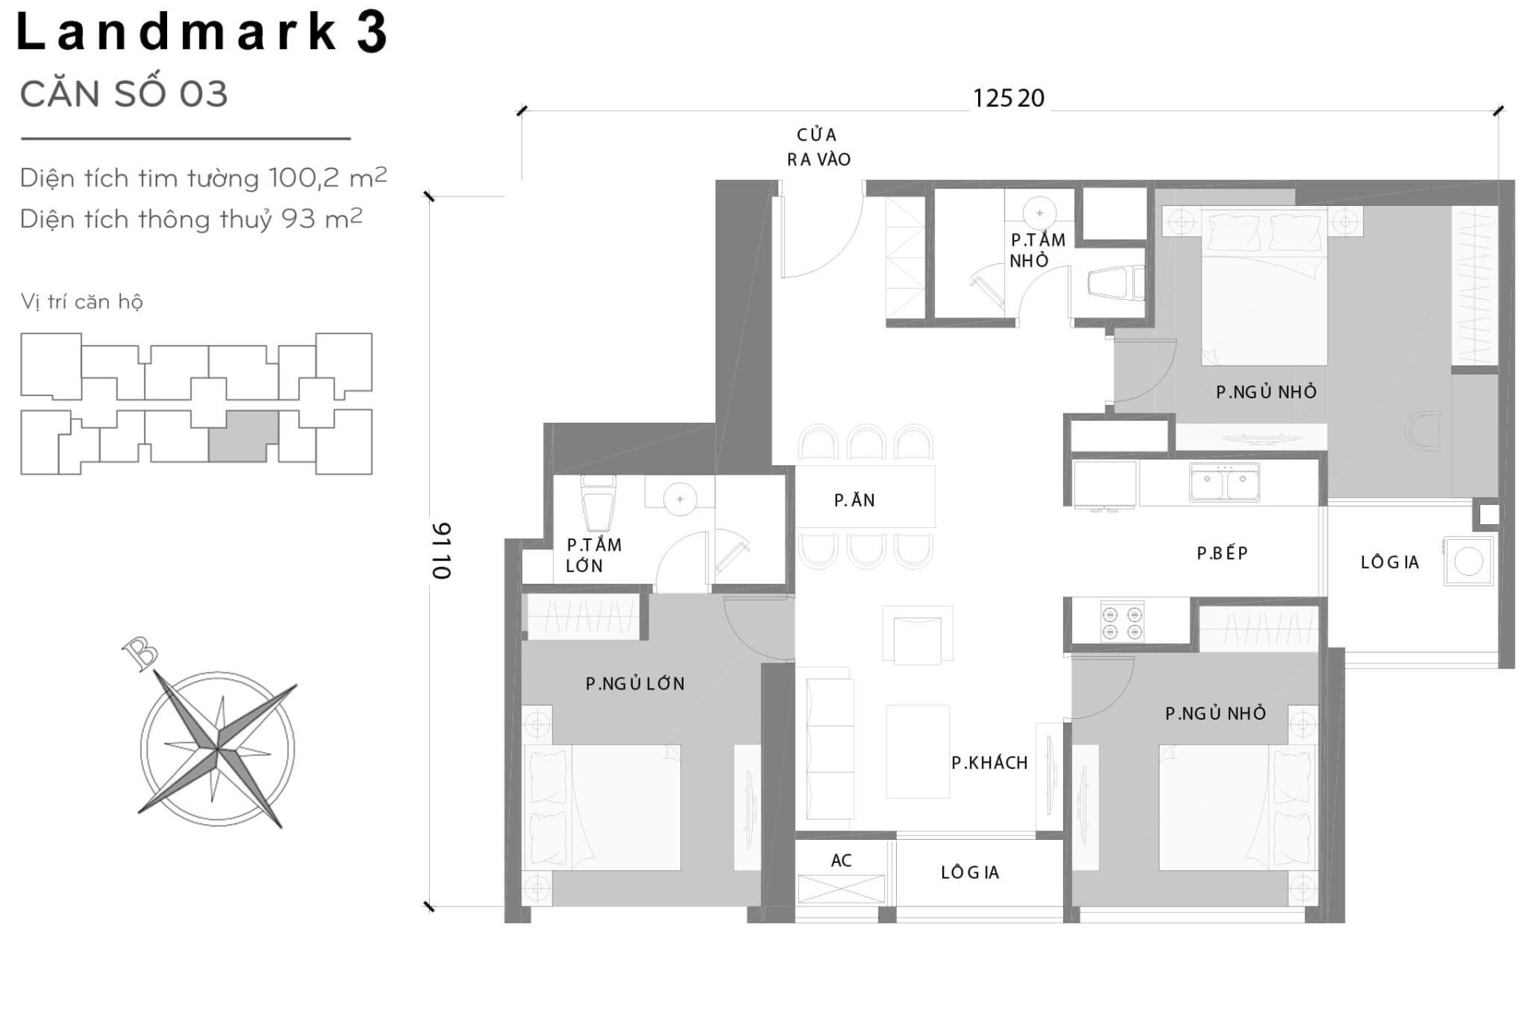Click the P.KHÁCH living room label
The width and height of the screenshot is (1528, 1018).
point(989,763)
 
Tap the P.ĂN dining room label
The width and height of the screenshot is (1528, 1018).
point(854,500)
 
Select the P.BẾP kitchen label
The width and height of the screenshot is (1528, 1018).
point(1222,554)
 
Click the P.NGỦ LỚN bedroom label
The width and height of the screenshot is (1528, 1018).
point(634,684)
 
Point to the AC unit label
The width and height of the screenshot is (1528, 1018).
point(841,861)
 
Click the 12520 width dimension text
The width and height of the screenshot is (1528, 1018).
point(1008,99)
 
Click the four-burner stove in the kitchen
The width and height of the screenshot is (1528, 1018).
point(1122,623)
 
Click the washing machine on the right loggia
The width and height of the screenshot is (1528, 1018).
point(1468,561)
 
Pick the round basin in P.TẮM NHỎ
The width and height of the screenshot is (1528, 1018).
point(1039,212)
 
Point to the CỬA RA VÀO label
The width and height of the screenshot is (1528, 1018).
point(818,147)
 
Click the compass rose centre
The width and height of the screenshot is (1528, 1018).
point(217,748)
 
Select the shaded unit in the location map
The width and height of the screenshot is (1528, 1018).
point(244,436)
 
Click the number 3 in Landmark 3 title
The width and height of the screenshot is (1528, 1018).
point(372,33)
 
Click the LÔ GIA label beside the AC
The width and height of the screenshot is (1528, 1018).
point(969,872)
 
